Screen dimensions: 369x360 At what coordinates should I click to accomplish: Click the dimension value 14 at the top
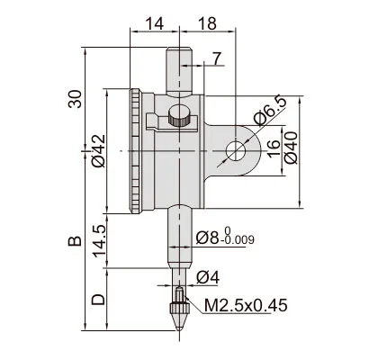point(155,23)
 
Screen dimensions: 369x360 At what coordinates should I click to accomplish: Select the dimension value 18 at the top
point(207,23)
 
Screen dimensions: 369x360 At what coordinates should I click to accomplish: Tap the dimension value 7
point(217,58)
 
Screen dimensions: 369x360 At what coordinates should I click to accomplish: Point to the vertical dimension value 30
point(75,99)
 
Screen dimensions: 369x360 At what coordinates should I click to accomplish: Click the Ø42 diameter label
point(98,150)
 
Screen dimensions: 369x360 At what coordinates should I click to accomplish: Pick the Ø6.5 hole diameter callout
point(269,111)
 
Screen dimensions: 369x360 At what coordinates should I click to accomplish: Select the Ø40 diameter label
point(291,148)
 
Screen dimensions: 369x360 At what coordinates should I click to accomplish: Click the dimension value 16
point(274,148)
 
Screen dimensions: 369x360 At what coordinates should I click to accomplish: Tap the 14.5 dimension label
point(99,241)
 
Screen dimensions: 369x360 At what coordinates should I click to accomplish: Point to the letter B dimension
point(75,241)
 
